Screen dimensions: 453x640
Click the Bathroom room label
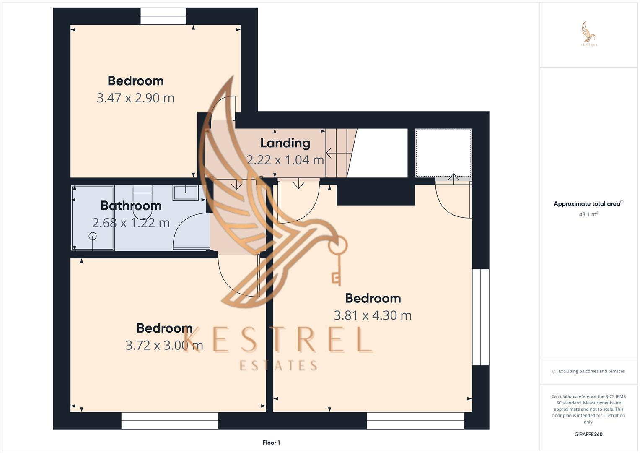131,206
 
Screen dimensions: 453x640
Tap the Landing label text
285,143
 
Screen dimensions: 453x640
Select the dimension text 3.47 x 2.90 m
135,98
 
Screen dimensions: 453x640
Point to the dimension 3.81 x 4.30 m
372,315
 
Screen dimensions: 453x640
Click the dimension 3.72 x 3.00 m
164,345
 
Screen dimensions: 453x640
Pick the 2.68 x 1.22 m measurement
131,223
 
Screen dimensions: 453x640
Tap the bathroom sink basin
186,193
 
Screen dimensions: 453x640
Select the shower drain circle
93,236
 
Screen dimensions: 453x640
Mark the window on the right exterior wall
480,317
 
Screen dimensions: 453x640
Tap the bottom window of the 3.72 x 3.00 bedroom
170,421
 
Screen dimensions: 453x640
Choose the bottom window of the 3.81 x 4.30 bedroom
415,421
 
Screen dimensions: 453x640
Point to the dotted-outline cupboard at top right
443,153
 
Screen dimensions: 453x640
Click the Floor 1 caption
271,443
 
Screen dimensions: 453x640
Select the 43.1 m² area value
588,214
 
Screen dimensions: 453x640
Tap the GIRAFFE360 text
588,434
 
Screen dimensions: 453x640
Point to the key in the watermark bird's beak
337,260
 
